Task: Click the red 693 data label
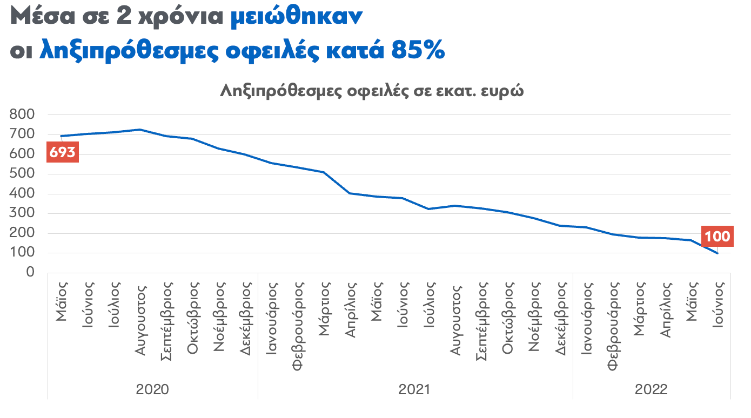point(62,153)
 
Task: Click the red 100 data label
point(717,236)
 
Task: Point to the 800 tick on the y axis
point(22,114)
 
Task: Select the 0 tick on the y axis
point(30,273)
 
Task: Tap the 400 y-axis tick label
point(22,193)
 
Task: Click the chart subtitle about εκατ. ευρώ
point(372,91)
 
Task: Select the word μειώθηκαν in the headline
point(297,17)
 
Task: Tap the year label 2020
point(152,389)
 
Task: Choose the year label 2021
point(414,389)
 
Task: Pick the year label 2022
point(651,389)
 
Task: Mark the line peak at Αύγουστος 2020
point(140,130)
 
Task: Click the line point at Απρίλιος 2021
point(350,193)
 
